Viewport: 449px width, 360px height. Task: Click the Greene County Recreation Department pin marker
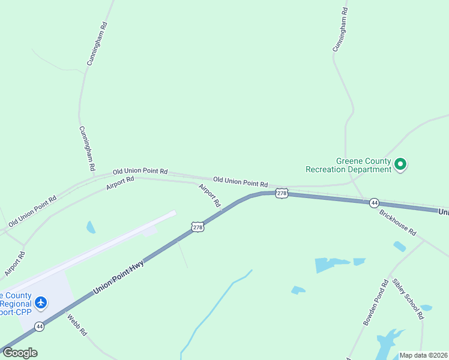[x=401, y=164]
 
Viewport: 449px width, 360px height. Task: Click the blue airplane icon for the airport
[x=41, y=302]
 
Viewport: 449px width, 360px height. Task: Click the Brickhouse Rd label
[x=397, y=221]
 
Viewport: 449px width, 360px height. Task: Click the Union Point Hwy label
[x=118, y=272]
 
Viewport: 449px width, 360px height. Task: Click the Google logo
[x=20, y=353]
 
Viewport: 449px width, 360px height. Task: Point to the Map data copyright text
[x=423, y=355]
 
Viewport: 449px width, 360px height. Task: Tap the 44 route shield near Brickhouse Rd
[x=373, y=203]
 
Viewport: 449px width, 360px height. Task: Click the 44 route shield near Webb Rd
[x=39, y=326]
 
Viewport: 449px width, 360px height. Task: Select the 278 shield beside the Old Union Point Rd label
[x=282, y=193]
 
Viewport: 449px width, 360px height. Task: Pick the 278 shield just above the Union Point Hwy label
[x=197, y=226]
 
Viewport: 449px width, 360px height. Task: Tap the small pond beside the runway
[x=91, y=227]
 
